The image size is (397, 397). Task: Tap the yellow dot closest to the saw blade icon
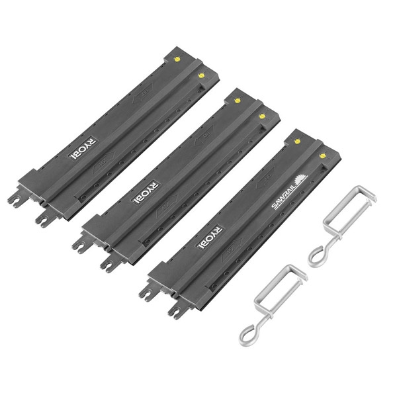click(322, 155)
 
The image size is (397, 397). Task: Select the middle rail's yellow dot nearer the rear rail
click(237, 101)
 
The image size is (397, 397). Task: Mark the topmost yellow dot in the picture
click(178, 58)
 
